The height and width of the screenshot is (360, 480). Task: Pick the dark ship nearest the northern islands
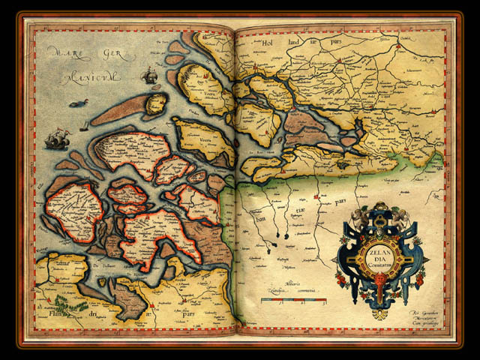[149, 75]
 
